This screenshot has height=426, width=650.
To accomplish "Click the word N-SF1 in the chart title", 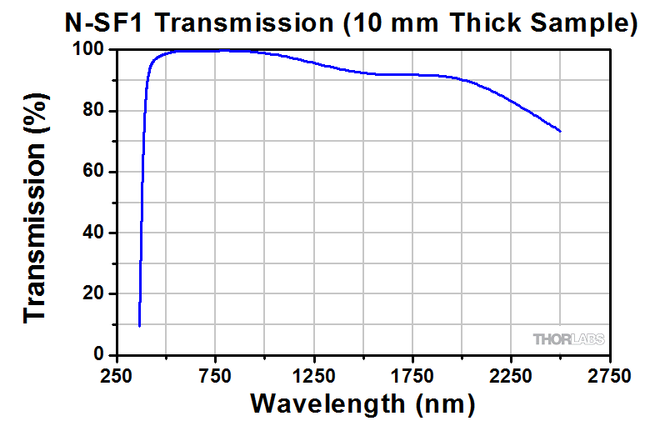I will click(100, 23).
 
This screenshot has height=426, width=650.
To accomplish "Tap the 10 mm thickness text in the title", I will click(401, 23).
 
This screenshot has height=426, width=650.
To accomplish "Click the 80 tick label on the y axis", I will click(92, 111).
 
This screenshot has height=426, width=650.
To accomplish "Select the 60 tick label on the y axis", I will click(92, 172).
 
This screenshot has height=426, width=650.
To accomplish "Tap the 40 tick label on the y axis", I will click(92, 233).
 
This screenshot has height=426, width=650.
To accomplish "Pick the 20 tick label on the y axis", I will click(92, 293).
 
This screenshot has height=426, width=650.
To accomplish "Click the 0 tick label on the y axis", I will click(97, 354).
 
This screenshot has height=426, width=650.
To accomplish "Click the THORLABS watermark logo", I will click(569, 339).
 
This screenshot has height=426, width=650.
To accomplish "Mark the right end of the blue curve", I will click(560, 132).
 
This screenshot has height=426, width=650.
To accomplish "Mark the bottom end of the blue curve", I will click(139, 326).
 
